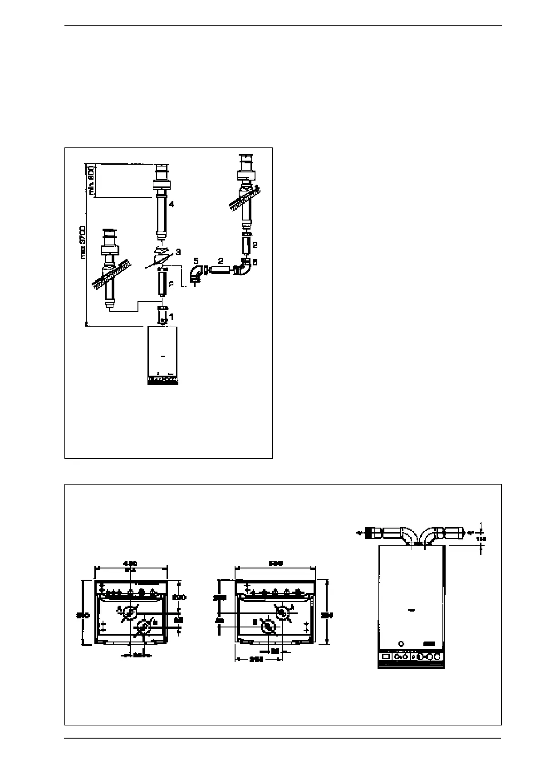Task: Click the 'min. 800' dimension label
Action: click(x=91, y=180)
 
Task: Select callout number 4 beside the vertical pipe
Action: click(x=171, y=205)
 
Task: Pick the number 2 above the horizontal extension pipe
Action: click(x=220, y=261)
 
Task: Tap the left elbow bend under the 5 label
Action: click(x=196, y=275)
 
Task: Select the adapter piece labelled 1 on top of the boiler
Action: click(x=162, y=314)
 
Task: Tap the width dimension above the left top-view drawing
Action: click(x=131, y=564)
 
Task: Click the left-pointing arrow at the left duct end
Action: click(x=359, y=534)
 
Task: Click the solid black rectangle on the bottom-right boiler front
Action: click(x=429, y=644)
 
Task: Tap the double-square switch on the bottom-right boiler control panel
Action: click(x=385, y=656)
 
